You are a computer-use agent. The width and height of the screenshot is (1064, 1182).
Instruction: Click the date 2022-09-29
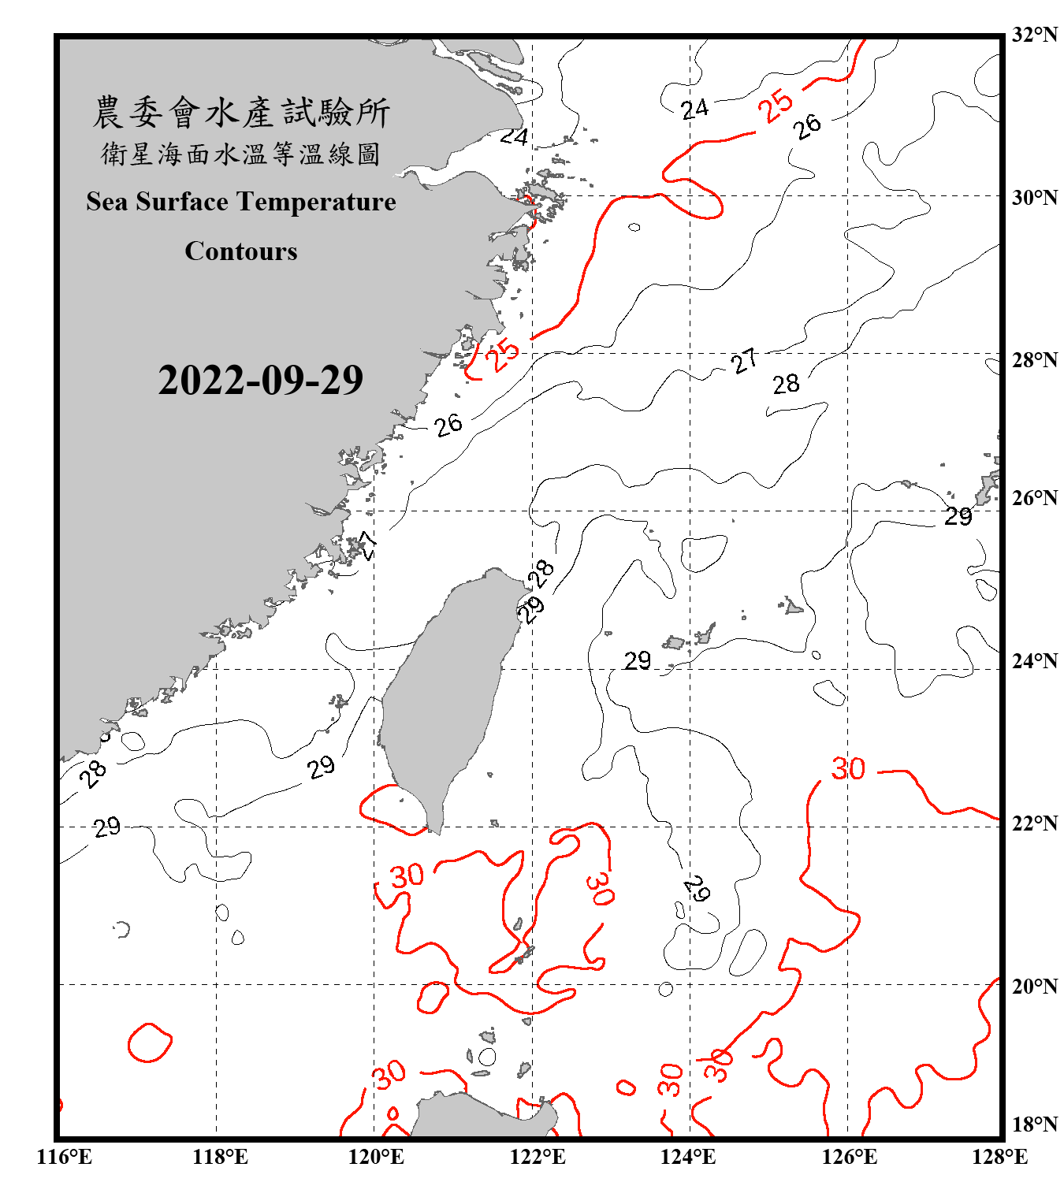[260, 381]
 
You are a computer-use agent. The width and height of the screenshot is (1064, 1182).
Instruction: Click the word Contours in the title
[241, 251]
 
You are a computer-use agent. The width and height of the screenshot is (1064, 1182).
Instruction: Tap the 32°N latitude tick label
[1034, 35]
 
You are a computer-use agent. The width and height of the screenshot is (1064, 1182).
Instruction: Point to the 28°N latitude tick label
[1034, 360]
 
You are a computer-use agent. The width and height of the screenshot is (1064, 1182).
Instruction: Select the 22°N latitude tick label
[1034, 823]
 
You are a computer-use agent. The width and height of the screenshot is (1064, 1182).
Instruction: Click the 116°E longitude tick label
[65, 1157]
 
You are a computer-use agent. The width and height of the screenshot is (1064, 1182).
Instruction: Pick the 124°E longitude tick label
[688, 1157]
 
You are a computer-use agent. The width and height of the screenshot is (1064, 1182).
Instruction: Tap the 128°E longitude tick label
[999, 1157]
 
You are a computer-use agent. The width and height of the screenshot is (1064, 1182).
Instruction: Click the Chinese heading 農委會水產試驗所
[241, 113]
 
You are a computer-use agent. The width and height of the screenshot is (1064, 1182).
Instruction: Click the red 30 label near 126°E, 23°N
[848, 768]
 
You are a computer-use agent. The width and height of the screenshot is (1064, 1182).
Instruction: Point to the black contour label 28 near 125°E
[786, 385]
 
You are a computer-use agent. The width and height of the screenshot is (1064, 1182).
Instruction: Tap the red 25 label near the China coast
[502, 354]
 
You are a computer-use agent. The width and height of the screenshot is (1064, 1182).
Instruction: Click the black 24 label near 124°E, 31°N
[694, 109]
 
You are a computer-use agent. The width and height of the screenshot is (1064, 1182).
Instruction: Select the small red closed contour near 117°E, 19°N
[149, 1043]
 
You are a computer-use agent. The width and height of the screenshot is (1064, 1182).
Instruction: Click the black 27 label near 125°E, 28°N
[744, 361]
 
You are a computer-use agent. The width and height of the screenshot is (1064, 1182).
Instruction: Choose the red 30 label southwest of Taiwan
[407, 875]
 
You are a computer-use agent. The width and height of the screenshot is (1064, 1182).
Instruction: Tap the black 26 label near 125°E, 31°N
[807, 126]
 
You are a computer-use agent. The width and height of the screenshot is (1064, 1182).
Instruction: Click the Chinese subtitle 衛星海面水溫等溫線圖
[241, 154]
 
